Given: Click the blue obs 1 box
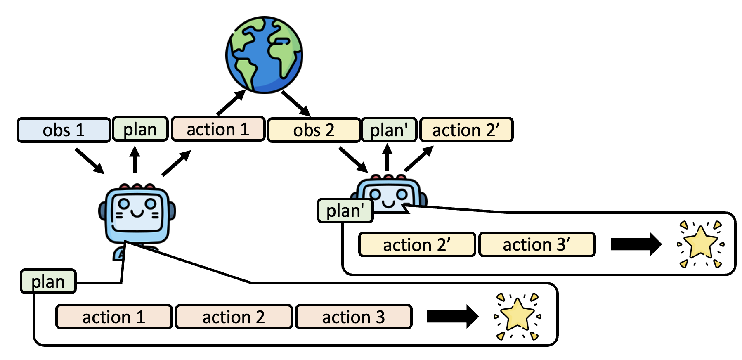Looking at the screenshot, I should click(x=64, y=130).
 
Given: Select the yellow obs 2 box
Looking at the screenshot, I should click(x=314, y=130).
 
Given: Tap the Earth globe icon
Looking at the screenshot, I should click(x=264, y=55).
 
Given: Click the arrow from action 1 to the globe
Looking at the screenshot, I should click(x=231, y=103).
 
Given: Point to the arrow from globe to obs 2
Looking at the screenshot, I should click(x=296, y=103).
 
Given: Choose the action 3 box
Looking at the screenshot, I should click(x=354, y=317).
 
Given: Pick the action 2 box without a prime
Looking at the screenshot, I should click(x=234, y=317).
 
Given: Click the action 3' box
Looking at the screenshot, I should click(x=536, y=244).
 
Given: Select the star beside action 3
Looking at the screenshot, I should click(x=518, y=316).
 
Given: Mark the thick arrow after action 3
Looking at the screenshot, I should click(x=452, y=317).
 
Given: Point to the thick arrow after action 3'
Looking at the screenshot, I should click(x=636, y=244).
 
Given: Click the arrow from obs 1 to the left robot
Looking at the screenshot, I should click(x=89, y=161).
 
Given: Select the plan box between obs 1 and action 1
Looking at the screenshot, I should click(x=140, y=129).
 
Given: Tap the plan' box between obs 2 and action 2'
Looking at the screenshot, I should click(x=389, y=130).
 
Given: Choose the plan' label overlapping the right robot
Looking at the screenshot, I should click(x=345, y=211).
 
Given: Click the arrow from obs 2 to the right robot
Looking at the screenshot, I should click(x=353, y=159).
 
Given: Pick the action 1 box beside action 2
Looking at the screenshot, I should click(x=114, y=317).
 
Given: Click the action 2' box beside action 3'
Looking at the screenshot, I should click(x=417, y=244).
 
